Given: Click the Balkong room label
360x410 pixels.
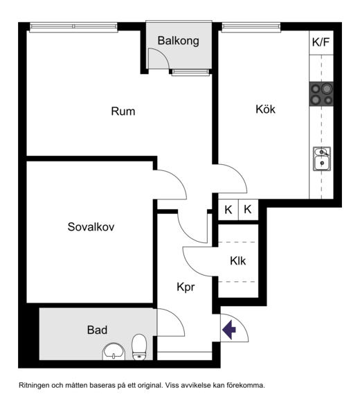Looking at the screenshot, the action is (x=179, y=41).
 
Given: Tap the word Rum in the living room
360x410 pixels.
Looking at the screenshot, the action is (x=123, y=112).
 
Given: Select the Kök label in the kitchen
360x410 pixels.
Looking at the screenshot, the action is (x=265, y=109).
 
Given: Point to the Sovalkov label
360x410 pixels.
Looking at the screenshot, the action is (x=91, y=226).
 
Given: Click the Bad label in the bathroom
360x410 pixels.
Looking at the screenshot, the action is (x=97, y=330).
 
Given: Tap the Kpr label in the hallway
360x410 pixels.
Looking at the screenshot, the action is (x=186, y=287).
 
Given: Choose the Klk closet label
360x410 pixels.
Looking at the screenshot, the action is (x=238, y=261).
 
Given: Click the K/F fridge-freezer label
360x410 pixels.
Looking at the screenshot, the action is (x=321, y=42).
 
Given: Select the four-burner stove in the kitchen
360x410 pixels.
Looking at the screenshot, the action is (x=321, y=94).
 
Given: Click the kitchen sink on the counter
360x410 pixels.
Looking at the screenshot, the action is (x=322, y=159).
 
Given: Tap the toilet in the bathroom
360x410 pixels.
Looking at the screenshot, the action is (x=139, y=347).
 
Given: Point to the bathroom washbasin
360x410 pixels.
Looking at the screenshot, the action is (x=114, y=352).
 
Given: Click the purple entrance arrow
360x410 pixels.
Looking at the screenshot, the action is (x=229, y=330).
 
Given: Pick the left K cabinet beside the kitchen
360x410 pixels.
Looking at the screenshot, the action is (x=228, y=210).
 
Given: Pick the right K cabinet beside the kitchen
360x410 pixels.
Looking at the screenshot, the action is (x=248, y=210).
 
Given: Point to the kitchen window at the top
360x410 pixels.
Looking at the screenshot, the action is (x=251, y=27).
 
